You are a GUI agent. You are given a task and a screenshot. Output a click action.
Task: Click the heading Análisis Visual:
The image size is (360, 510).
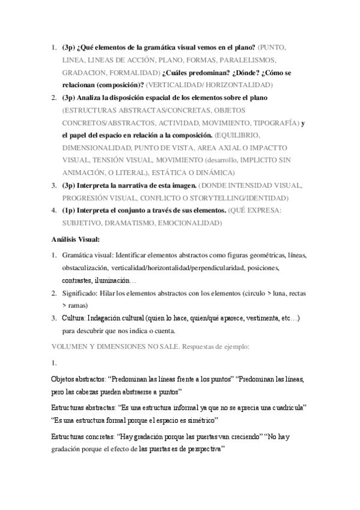point(75,239)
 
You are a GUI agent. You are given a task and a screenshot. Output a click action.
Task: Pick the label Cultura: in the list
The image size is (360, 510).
point(75,318)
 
